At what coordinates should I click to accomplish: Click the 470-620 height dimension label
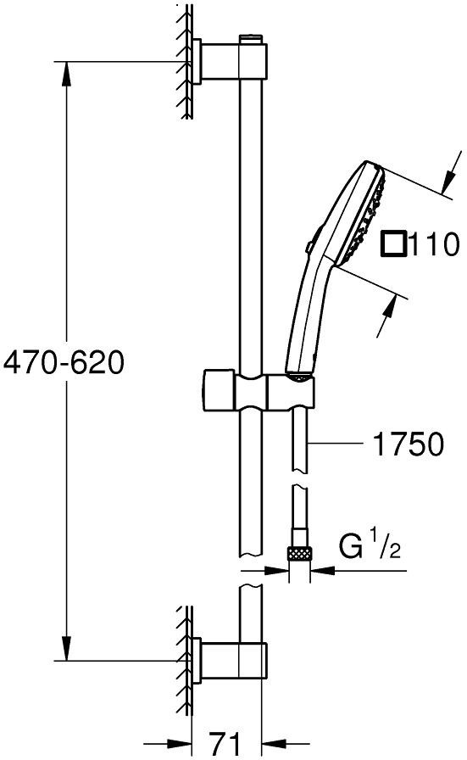pyautogui.click(x=64, y=362)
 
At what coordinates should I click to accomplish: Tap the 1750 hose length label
pyautogui.click(x=408, y=444)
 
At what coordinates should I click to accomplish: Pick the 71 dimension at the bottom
pyautogui.click(x=225, y=742)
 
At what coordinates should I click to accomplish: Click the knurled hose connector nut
pyautogui.click(x=299, y=553)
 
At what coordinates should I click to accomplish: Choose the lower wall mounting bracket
pyautogui.click(x=229, y=659)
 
